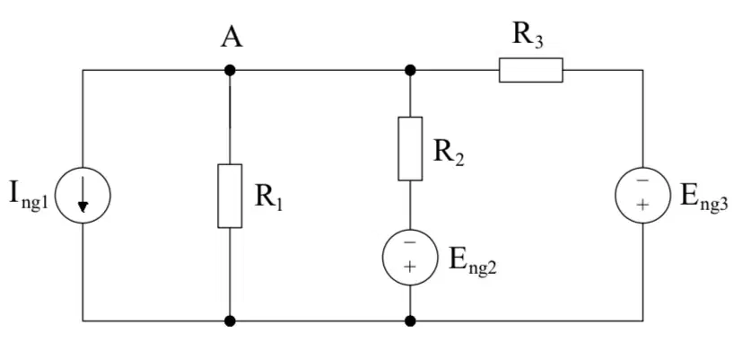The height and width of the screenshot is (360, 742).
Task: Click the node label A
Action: [231, 37]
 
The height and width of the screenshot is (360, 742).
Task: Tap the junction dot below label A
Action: [230, 71]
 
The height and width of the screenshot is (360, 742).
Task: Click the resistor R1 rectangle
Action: [230, 196]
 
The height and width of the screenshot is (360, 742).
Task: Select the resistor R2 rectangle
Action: [410, 149]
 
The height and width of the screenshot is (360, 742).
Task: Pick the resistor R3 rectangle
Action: [531, 70]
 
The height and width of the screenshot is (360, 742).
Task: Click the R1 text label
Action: [268, 198]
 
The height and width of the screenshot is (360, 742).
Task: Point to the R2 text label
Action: [449, 154]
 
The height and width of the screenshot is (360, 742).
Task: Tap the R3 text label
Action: [528, 37]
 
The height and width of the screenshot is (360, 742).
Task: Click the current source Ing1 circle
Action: [83, 195]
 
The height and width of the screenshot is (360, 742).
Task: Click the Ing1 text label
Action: [29, 196]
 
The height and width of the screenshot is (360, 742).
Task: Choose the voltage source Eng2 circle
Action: [410, 258]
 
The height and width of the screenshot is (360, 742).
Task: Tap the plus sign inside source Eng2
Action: [410, 267]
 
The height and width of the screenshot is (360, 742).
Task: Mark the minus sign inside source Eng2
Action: [410, 243]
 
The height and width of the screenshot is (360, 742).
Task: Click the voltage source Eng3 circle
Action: [642, 195]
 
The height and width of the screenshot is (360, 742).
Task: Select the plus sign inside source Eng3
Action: [642, 205]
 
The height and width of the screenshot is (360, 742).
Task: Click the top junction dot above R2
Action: [410, 71]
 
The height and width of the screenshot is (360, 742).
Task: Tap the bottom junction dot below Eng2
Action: [410, 321]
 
